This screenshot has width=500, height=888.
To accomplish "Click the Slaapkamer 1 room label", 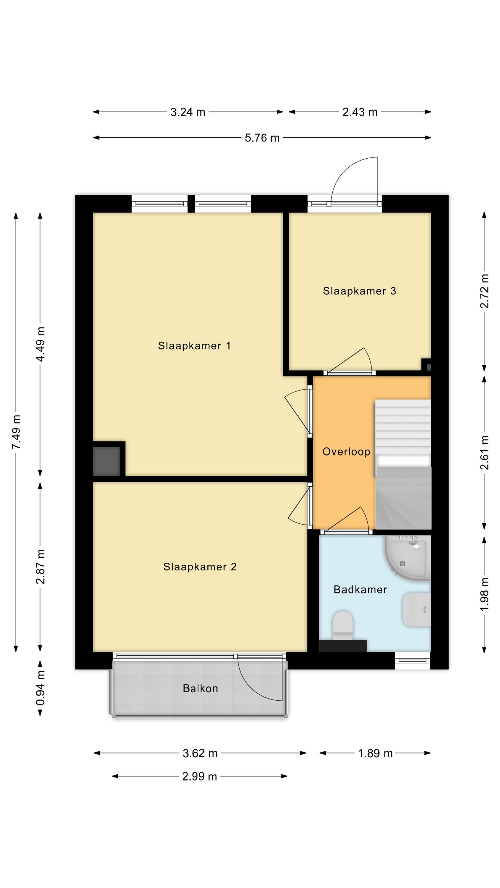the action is point(194,345).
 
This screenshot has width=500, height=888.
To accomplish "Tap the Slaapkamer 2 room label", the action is point(200,567).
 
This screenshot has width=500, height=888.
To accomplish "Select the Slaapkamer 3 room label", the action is point(359,291).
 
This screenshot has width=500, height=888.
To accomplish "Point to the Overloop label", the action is point(346,452).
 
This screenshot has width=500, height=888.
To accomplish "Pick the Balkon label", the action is point(200,688).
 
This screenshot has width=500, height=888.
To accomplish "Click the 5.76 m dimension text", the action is point(262,138).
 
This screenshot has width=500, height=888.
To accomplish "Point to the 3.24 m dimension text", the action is point(188,112).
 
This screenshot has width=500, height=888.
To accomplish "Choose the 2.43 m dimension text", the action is point(360,112).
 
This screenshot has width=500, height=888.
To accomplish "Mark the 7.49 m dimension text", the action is point(17,432).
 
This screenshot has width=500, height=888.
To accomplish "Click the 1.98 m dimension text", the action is point(485,594).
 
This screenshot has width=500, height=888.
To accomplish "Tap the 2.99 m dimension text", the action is point(199,776).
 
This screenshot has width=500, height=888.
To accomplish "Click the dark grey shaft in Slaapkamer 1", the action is point(106,461).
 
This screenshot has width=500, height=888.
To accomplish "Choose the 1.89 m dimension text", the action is point(375,753).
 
